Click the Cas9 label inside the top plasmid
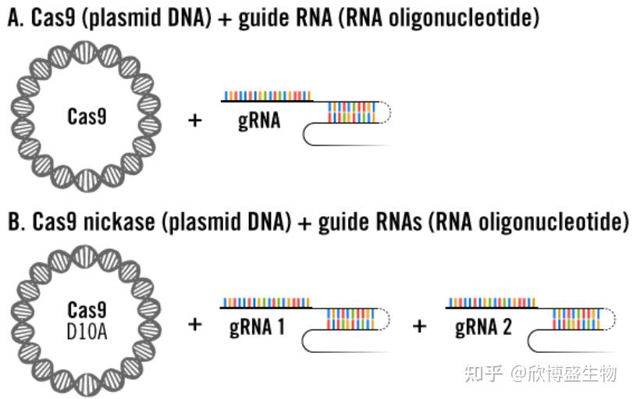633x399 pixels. click(87, 117)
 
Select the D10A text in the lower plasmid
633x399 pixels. click(87, 333)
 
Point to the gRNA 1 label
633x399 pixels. click(257, 326)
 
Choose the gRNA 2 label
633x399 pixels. click(483, 326)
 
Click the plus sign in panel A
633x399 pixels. click(195, 119)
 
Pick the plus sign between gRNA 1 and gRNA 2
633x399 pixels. click(420, 325)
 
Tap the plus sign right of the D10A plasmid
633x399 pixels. click(195, 323)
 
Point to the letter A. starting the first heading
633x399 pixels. click(15, 19)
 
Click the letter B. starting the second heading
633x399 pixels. click(15, 222)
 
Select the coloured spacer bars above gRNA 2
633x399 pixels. click(492, 302)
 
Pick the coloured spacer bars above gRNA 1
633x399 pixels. click(266, 302)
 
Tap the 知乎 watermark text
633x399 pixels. click(482, 373)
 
